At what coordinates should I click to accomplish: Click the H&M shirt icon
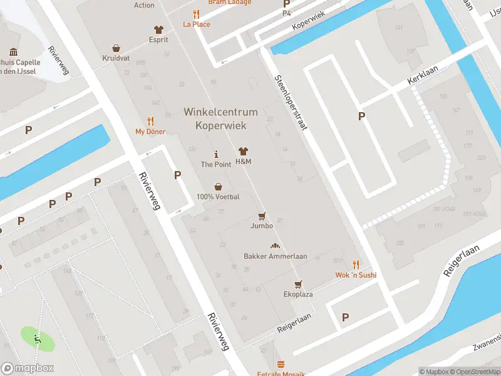pyautogui.click(x=243, y=152)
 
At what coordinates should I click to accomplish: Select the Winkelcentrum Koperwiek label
pyautogui.click(x=220, y=118)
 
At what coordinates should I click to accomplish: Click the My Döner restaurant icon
pyautogui.click(x=150, y=121)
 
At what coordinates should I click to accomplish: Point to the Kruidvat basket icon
pyautogui.click(x=116, y=48)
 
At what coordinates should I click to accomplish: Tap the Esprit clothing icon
pyautogui.click(x=158, y=29)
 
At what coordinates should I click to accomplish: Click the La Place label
pyautogui.click(x=196, y=24)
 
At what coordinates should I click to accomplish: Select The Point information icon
pyautogui.click(x=217, y=154)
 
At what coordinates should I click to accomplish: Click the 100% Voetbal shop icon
pyautogui.click(x=218, y=186)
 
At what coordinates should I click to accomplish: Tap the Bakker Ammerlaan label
pyautogui.click(x=275, y=256)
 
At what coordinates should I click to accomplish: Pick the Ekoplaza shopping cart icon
pyautogui.click(x=298, y=284)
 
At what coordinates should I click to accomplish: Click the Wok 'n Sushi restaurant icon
pyautogui.click(x=356, y=264)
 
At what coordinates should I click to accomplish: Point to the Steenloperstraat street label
pyautogui.click(x=291, y=103)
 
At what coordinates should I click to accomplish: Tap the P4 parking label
pyautogui.click(x=287, y=13)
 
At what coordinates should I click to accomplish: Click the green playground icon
pyautogui.click(x=38, y=339)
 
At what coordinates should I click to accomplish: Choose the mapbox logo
pyautogui.click(x=28, y=368)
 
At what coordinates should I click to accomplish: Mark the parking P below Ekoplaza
pyautogui.click(x=345, y=318)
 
